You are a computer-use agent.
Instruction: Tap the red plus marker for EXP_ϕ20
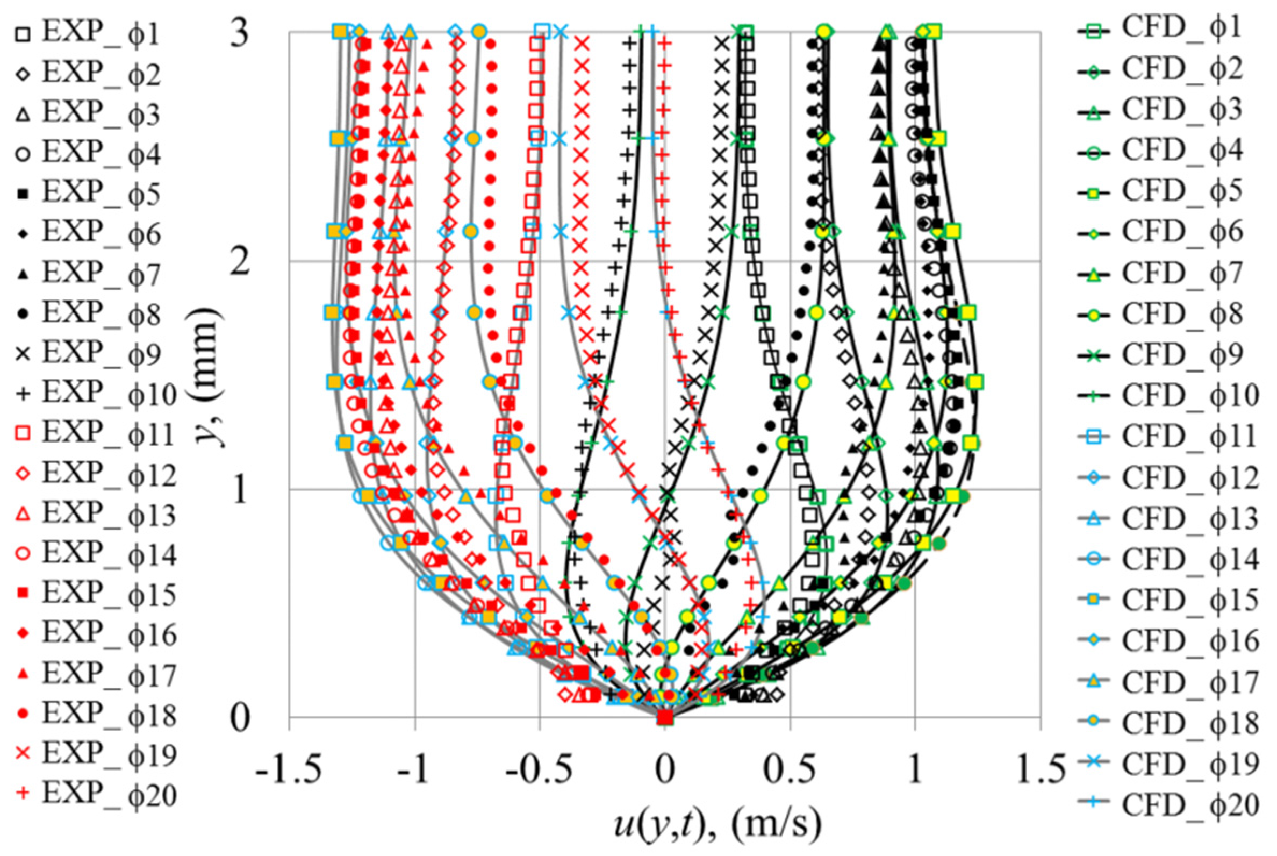(23, 795)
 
